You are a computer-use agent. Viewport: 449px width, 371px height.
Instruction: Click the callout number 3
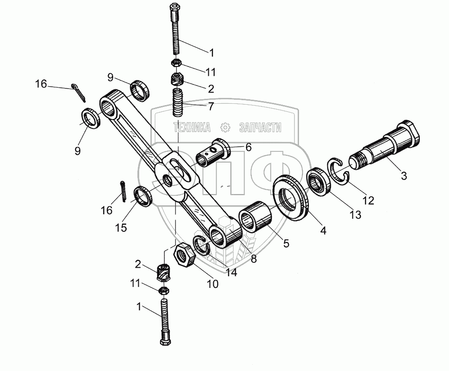pos(404,177)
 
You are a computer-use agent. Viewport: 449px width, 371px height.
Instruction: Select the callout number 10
pos(212,283)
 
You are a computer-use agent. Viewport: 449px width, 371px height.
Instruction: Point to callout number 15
pos(120,228)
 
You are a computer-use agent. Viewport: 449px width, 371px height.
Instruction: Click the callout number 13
pos(355,215)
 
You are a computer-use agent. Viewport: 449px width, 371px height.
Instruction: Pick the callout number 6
pos(248,147)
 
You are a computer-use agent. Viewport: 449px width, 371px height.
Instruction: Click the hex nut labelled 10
pos(184,255)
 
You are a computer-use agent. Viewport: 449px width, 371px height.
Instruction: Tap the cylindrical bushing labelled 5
pos(255,217)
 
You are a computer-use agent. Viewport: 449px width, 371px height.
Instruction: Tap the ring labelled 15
pos(144,197)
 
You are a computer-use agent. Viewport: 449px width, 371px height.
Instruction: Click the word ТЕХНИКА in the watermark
pos(192,128)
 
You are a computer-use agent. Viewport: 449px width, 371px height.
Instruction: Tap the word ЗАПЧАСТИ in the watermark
pos(260,128)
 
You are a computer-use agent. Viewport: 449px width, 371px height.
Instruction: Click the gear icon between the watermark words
pos(225,128)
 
